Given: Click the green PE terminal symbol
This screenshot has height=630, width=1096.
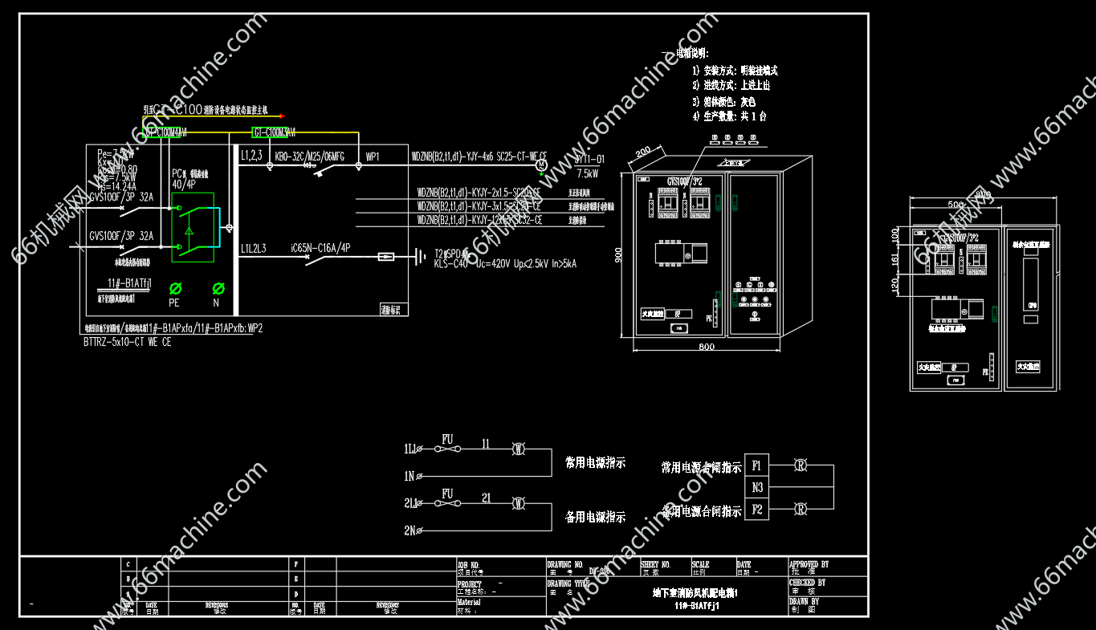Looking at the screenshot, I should coord(175,288).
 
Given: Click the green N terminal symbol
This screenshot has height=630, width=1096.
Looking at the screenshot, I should coord(218,288).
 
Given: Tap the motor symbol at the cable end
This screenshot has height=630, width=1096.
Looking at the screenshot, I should coord(542,164).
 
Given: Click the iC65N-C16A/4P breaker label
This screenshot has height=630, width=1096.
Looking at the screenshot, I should coord(320,249).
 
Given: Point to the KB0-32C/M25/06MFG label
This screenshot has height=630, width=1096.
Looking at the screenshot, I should coord(309,156).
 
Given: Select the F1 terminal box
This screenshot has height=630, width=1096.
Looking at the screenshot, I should coord(757,465).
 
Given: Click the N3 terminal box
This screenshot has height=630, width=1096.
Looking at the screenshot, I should coord(757,487).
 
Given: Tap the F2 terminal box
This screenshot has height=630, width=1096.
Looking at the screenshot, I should coord(757,509).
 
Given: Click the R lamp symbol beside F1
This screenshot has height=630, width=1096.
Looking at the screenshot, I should coord(800,465).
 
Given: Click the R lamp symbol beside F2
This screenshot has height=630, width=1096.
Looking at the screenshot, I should coord(800,509).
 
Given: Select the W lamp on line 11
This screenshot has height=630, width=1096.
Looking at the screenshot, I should coord(519,449).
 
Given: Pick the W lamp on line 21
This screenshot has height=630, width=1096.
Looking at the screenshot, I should coord(519,503).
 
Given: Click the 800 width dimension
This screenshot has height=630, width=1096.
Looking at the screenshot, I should coord(706,348).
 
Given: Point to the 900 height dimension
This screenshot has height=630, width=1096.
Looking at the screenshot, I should coord(619,254).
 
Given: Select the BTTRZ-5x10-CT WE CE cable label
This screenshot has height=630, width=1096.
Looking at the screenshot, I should coord(127,342).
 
